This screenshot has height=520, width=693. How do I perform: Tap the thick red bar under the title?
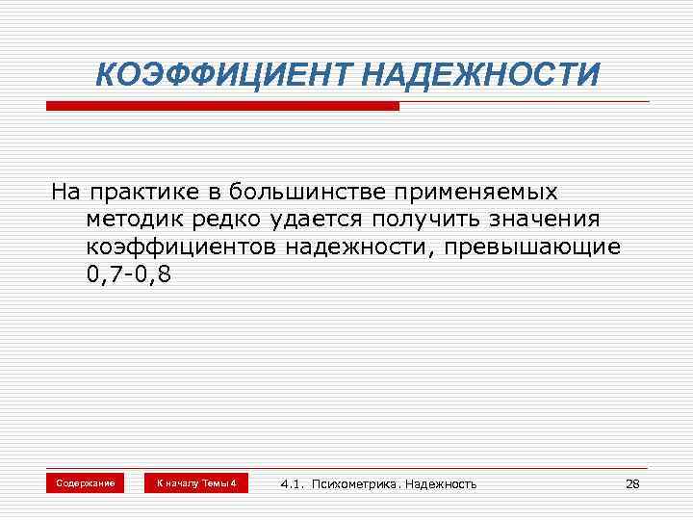pos(221,106)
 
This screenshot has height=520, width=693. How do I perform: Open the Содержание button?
pos(85,482)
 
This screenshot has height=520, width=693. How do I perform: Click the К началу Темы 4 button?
pos(195,482)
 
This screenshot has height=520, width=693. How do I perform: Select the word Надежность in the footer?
pos(440,483)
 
